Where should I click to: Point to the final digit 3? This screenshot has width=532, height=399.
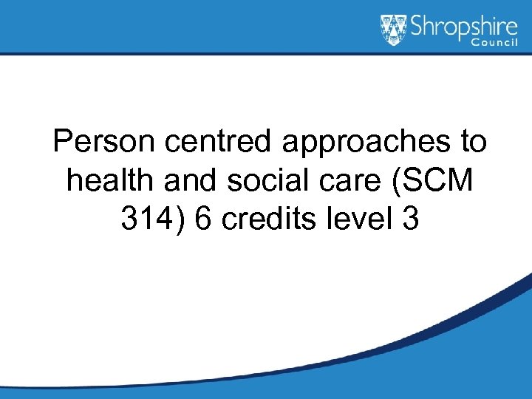click(411, 218)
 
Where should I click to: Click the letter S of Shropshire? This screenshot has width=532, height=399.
click(417, 26)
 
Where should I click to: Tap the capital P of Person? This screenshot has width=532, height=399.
click(62, 140)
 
